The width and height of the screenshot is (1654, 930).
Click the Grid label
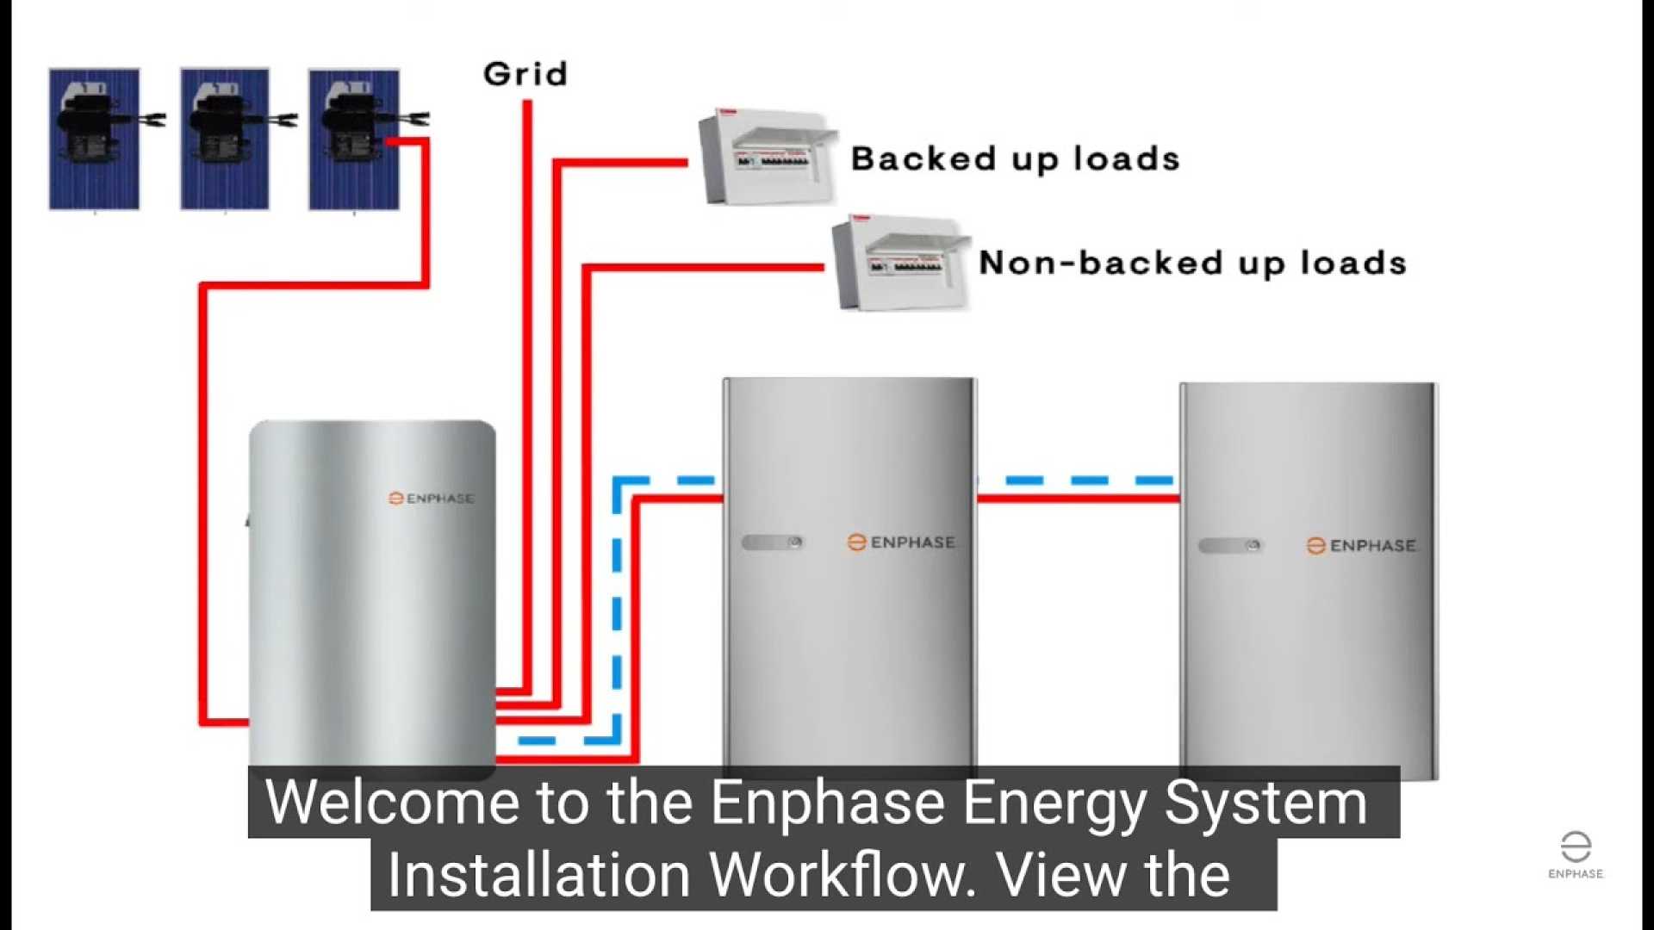coord(525,74)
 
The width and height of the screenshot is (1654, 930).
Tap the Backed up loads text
coord(1015,159)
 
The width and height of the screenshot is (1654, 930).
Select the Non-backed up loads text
coord(1192,263)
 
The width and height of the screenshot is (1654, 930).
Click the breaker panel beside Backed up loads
coord(766,156)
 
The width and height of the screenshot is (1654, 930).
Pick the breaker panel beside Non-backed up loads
coord(900,263)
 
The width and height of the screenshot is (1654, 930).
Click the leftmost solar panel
coord(94,139)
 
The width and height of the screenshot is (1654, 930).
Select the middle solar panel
coord(225,139)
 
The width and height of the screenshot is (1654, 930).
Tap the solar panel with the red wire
coord(354,139)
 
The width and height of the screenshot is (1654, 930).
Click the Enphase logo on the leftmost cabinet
coord(432,499)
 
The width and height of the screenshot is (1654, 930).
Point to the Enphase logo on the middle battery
coord(901,542)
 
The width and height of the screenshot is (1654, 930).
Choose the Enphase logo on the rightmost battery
coord(1361,546)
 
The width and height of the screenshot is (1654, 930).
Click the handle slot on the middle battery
coord(772,542)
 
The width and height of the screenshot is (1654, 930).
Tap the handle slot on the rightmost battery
coord(1229,546)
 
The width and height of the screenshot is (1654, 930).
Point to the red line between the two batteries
coord(1078,499)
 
